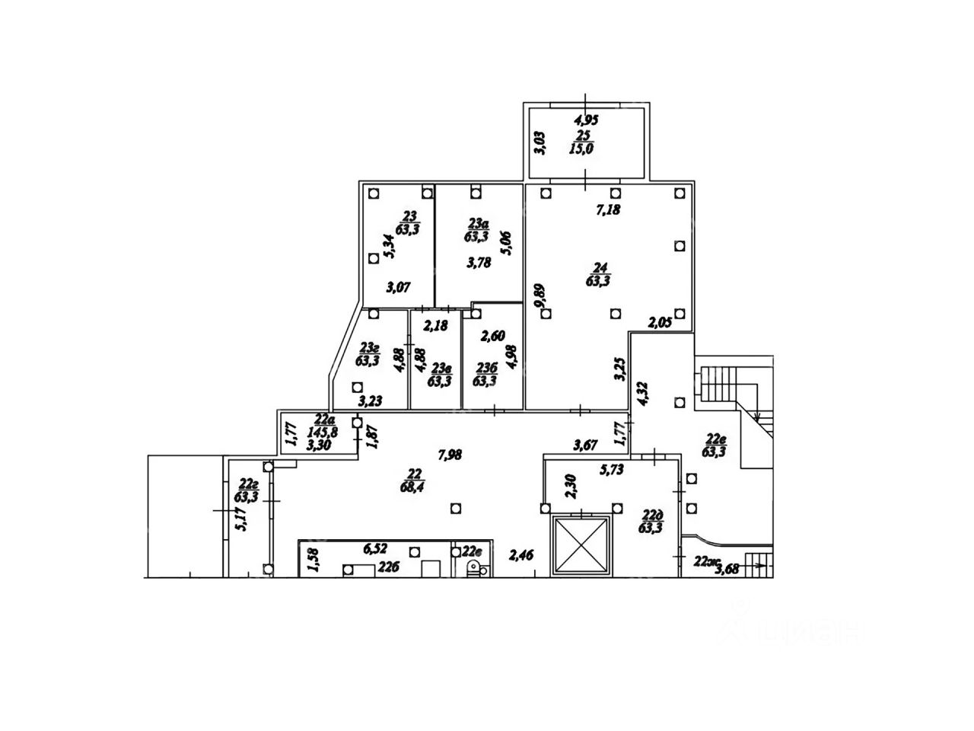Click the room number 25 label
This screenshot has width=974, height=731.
tap(584, 135)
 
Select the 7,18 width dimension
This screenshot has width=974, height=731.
tap(606, 209)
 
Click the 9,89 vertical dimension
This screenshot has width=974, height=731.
tap(540, 296)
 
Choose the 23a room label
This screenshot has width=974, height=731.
tap(477, 222)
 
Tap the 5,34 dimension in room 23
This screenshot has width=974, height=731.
tap(389, 247)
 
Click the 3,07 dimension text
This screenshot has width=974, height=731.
tap(399, 287)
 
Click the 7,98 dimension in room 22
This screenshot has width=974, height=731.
tap(450, 455)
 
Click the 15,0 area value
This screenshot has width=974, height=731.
tap(581, 149)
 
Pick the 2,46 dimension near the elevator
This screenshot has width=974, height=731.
tap(521, 555)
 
